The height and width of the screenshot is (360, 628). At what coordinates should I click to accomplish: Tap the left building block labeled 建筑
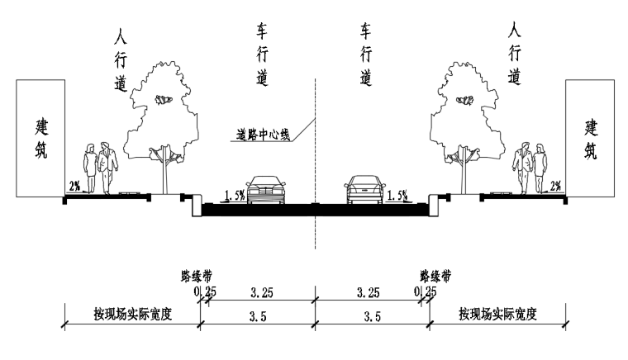pyautogui.click(x=40, y=139)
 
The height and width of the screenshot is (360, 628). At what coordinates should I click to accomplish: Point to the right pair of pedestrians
pyautogui.click(x=530, y=166)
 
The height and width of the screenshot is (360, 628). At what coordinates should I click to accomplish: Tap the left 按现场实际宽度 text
pyautogui.click(x=131, y=315)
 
